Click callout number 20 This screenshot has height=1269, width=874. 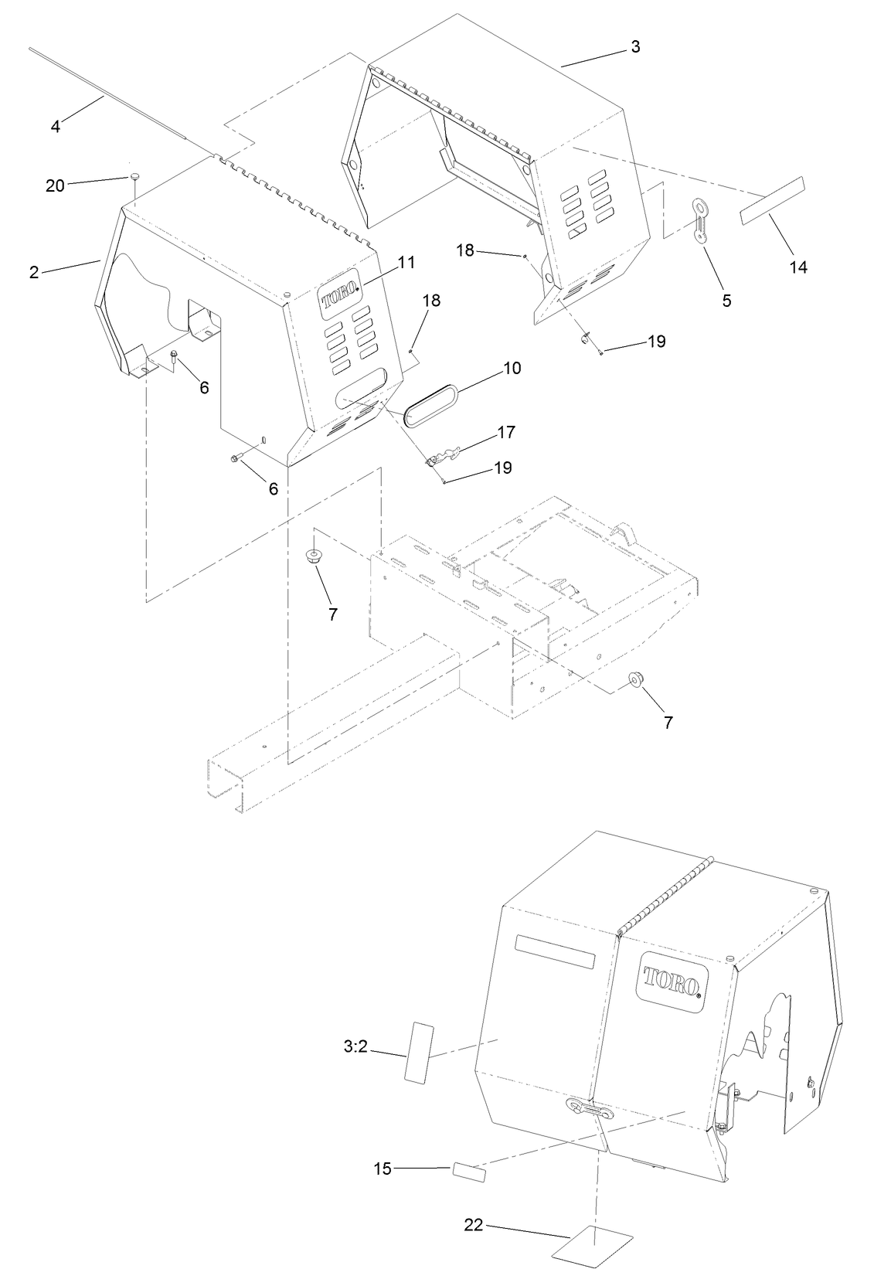pos(55,185)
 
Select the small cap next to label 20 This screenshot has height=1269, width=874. pos(134,177)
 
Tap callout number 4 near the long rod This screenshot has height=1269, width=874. pos(56,126)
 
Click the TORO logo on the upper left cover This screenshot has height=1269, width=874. pos(340,296)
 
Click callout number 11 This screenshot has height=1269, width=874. pos(406,263)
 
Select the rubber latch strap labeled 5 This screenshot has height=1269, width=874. pos(701,221)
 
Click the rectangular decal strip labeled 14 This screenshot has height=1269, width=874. pos(770,199)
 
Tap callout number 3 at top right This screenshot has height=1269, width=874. pos(635,46)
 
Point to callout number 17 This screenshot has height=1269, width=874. pos(506,432)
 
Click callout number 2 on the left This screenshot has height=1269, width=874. pos(34,272)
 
